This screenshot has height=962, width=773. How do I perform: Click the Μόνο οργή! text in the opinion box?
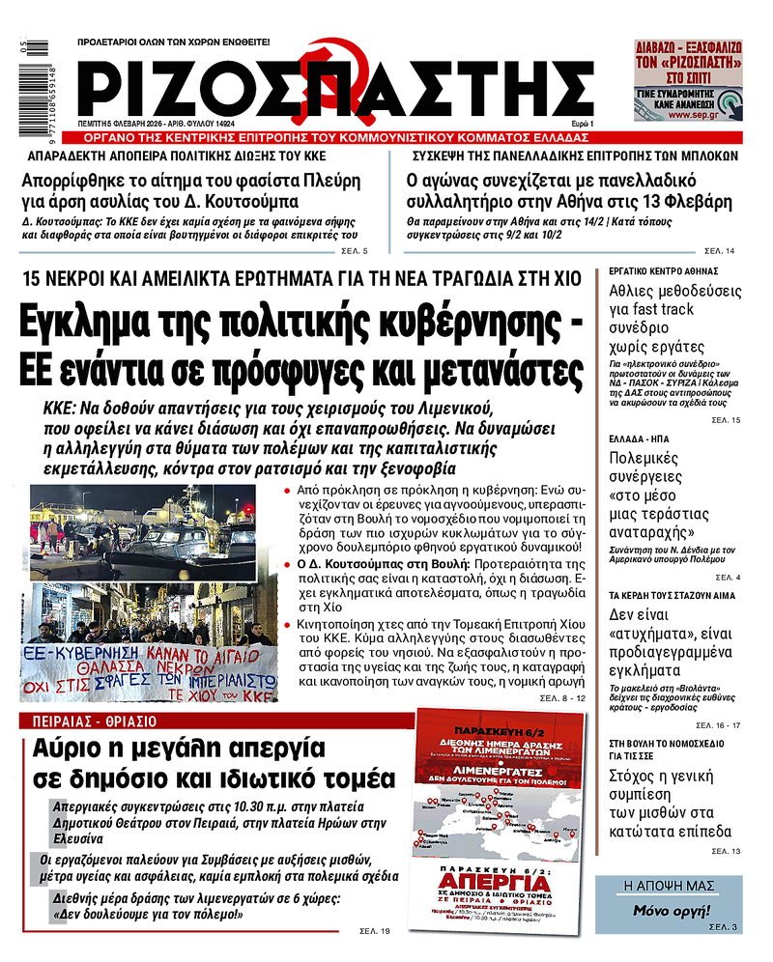pyautogui.click(x=671, y=911)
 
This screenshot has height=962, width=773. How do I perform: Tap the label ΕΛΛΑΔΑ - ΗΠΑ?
pyautogui.click(x=637, y=439)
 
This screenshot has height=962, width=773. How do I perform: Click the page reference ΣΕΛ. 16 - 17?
pyautogui.click(x=718, y=724)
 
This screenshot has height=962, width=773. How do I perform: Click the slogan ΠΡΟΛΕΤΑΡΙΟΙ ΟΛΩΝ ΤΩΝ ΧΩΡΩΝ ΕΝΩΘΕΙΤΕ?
pyautogui.click(x=174, y=42)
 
